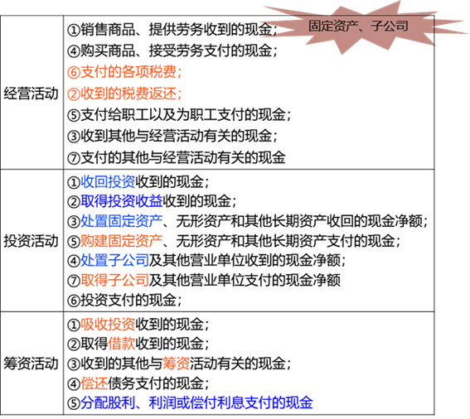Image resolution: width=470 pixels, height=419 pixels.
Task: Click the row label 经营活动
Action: tap(31, 94)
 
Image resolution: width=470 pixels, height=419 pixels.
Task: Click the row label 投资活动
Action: tap(31, 241)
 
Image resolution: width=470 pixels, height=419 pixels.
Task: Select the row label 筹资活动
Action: tap(31, 364)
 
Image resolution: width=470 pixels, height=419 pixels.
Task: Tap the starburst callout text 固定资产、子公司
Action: tap(358, 26)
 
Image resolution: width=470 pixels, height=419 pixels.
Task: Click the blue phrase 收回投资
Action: tap(108, 181)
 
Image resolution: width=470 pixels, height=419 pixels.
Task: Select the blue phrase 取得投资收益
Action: tap(121, 201)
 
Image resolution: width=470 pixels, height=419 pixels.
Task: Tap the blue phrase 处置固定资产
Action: tap(121, 221)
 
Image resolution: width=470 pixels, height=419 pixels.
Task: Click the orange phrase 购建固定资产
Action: tap(121, 241)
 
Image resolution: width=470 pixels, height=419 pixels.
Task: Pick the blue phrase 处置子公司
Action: tap(114, 260)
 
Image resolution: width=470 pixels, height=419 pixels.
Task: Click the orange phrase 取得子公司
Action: tap(114, 280)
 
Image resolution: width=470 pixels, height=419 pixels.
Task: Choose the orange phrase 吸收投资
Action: tap(108, 324)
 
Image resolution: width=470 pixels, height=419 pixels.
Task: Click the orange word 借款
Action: tap(121, 344)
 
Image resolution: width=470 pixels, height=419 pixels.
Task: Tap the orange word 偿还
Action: tap(94, 383)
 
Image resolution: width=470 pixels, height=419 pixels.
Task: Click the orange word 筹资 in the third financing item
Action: tap(176, 364)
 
